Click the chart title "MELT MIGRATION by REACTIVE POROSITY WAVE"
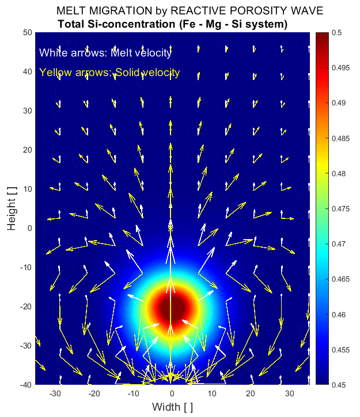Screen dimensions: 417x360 [x=190, y=11]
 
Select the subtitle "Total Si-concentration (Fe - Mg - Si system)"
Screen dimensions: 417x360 [x=173, y=24]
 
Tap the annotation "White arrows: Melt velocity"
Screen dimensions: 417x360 [x=105, y=53]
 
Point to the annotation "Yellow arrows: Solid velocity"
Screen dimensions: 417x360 [x=109, y=73]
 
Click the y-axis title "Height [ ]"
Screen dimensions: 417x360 [x=12, y=208]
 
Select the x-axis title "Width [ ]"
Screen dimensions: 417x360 [x=172, y=407]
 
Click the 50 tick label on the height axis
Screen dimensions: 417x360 [x=26, y=33]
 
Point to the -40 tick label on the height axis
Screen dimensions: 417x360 [x=25, y=384]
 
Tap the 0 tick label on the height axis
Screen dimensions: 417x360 [x=28, y=228]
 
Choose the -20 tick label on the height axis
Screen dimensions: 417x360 [x=25, y=306]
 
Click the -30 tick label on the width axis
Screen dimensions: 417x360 [x=55, y=393]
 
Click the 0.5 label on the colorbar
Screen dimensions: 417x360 [x=337, y=33]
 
